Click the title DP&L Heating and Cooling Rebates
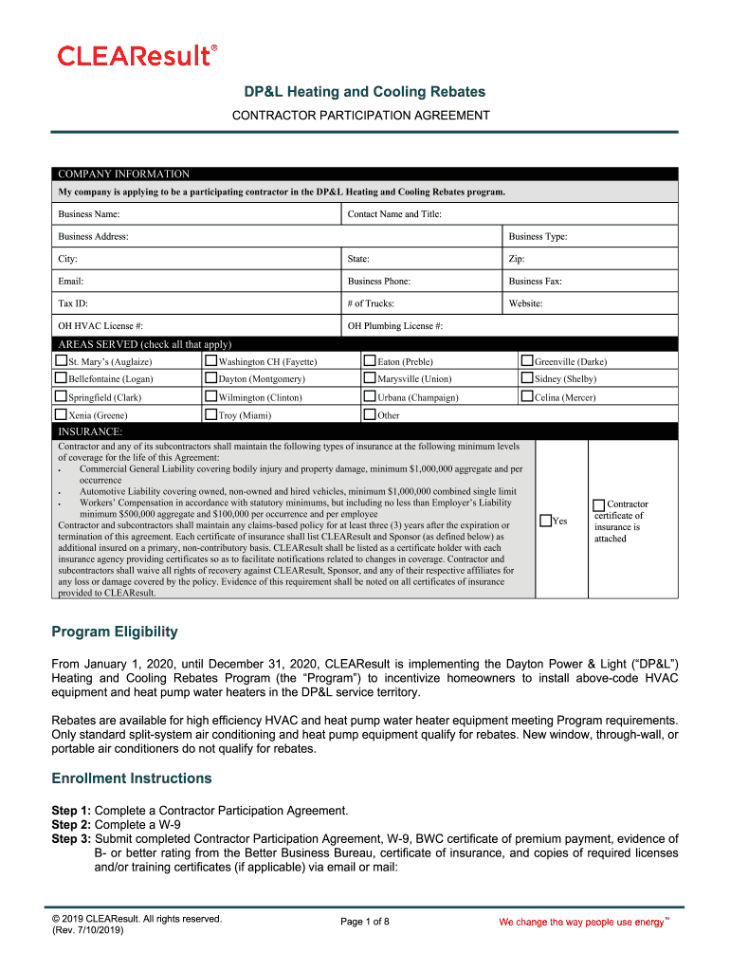(365, 92)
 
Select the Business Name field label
(88, 214)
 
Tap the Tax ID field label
(73, 303)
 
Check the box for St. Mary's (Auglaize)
(61, 360)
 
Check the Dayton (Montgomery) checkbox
(211, 378)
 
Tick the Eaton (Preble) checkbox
(370, 360)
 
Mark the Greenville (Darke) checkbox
(527, 360)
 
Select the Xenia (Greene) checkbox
(61, 414)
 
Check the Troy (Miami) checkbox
(211, 414)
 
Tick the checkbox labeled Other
(370, 414)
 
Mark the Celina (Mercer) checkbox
(527, 396)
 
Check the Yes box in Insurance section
(545, 520)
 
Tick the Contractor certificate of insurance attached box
(598, 504)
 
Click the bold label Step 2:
(71, 825)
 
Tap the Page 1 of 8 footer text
(364, 922)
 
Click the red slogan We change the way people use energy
(581, 923)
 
